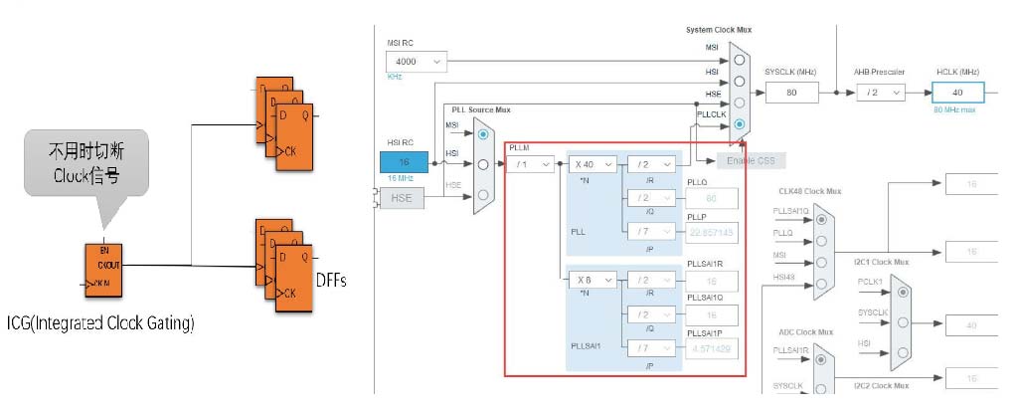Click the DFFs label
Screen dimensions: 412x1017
point(330,281)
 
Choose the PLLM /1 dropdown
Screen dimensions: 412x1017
point(531,164)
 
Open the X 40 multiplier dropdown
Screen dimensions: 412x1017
point(593,164)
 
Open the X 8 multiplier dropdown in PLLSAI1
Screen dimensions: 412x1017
point(593,281)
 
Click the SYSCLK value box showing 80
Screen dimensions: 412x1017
point(791,92)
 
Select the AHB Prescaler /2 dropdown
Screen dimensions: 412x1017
point(880,92)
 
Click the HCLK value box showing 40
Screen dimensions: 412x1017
point(958,92)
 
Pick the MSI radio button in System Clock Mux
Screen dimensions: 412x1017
point(740,59)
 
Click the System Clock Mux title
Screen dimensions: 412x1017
point(719,29)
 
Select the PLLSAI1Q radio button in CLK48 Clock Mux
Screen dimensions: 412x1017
point(821,218)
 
